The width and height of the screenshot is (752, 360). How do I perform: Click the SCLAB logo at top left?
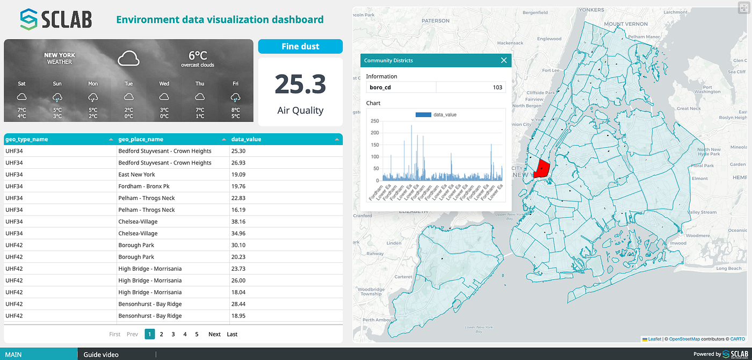tap(56, 19)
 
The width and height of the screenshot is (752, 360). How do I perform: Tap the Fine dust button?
tap(300, 47)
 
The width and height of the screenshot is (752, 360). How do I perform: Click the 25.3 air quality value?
tap(300, 85)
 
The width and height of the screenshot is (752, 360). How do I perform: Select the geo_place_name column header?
tap(141, 139)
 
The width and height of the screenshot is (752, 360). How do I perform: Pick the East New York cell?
tap(136, 174)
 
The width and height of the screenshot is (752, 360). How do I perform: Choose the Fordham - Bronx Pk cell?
tap(144, 186)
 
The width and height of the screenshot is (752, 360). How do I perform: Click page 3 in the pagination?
tap(173, 334)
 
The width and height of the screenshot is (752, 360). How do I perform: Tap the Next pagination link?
tap(214, 334)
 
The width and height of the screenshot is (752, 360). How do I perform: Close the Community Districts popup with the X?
tap(504, 60)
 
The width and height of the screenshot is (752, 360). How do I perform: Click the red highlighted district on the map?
tap(541, 168)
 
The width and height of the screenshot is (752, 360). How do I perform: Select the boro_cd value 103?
tap(497, 87)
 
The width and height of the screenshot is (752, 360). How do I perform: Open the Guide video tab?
tap(101, 355)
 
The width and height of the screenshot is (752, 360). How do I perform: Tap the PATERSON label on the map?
tap(436, 21)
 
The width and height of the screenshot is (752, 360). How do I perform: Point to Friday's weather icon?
tap(235, 97)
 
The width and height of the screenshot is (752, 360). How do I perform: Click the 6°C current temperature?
tap(198, 55)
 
